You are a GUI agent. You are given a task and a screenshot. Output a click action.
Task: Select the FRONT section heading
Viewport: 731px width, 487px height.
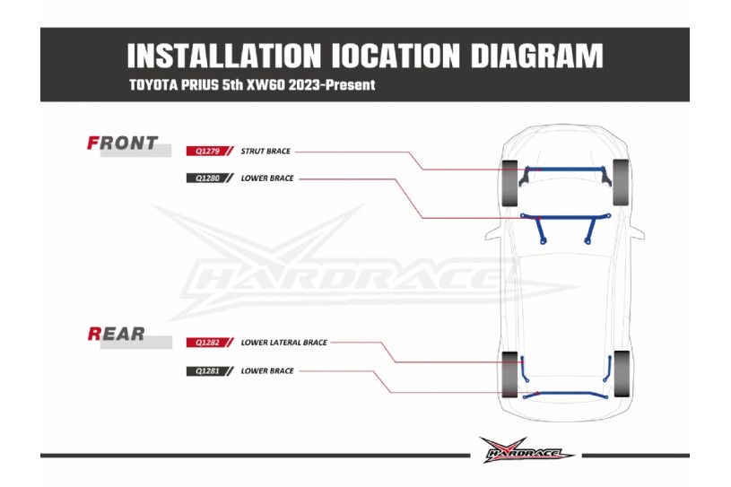tap(123, 143)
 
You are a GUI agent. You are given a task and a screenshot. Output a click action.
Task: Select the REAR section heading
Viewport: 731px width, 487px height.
tap(117, 334)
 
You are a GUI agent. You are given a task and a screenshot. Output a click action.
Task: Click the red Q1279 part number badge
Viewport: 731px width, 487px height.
tap(205, 152)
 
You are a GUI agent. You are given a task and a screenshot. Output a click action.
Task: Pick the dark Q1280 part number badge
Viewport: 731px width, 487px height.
tap(205, 178)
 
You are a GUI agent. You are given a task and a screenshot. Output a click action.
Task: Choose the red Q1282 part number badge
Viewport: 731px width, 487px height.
tap(205, 343)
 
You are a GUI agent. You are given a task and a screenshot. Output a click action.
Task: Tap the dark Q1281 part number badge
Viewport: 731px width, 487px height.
tap(205, 370)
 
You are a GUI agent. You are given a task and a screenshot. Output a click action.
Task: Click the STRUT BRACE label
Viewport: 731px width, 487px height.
tap(265, 152)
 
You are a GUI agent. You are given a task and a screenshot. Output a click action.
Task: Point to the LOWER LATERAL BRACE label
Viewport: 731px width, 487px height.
tap(283, 343)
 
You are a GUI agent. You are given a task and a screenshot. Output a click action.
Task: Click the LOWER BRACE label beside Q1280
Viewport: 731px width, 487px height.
tap(267, 178)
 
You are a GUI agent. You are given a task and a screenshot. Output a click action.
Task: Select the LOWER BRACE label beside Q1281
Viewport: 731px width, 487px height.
tap(267, 370)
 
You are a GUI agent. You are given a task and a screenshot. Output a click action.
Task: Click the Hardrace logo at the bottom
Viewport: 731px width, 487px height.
tap(526, 451)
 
